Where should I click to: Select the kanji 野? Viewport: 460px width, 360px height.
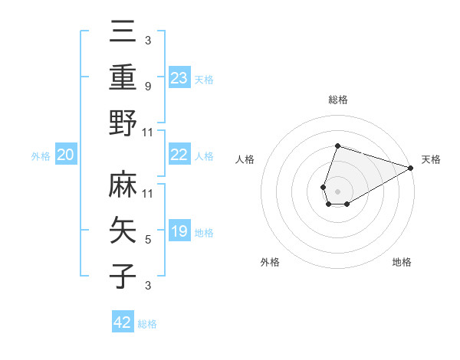point(123,123)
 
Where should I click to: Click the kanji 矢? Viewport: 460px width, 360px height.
point(123,230)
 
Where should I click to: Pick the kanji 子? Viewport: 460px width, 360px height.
point(123,275)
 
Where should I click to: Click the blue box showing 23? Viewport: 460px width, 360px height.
point(179,77)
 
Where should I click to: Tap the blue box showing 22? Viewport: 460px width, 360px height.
point(179,155)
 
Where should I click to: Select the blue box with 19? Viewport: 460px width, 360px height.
point(179,231)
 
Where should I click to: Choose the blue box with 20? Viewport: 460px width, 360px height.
point(66,155)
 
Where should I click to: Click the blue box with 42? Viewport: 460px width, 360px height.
point(123,322)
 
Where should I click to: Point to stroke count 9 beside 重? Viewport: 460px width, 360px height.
point(148,87)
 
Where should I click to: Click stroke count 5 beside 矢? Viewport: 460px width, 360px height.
point(148,240)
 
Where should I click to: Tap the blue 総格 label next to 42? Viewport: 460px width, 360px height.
point(147,324)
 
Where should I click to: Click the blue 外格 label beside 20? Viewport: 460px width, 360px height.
point(41,156)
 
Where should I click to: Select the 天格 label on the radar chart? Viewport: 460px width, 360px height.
point(431,159)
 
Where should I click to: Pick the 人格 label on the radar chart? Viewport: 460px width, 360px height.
point(245,159)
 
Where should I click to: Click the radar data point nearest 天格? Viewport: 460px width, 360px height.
point(411,168)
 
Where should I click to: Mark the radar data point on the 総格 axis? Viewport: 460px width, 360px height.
point(337,146)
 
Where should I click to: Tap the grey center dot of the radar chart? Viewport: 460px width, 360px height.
point(337,190)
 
